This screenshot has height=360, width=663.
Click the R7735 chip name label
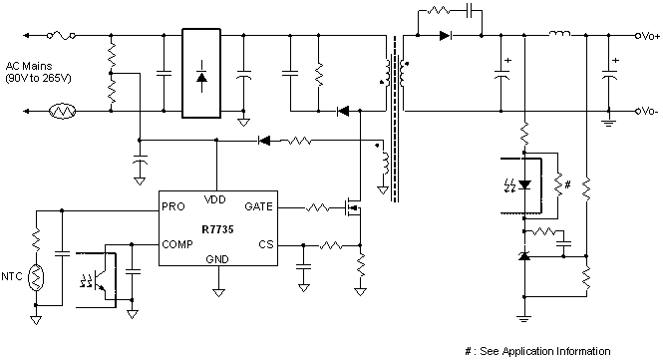pyautogui.click(x=217, y=226)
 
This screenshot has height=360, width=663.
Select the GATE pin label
pyautogui.click(x=257, y=207)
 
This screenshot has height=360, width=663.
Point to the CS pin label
pyautogui.click(x=264, y=243)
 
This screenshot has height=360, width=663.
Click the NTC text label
pyautogui.click(x=13, y=275)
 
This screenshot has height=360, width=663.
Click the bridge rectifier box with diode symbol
pyautogui.click(x=202, y=74)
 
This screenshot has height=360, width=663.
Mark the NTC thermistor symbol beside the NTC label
pyautogui.click(x=36, y=275)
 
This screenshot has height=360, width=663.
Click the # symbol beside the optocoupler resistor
pyautogui.click(x=568, y=183)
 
